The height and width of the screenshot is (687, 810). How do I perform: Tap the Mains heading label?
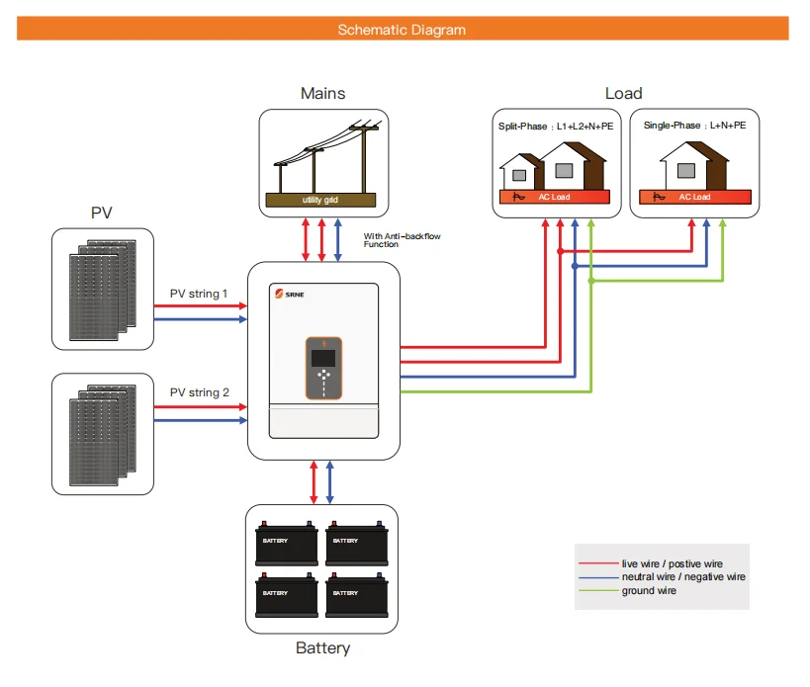coord(322,94)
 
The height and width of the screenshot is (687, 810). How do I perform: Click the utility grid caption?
coord(320,201)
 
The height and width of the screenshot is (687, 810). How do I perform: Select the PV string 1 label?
coord(199,294)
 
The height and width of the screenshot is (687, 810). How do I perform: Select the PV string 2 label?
coord(199,393)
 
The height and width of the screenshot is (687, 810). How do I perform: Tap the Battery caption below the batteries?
coord(322,649)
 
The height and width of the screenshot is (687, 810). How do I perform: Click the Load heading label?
coord(623,94)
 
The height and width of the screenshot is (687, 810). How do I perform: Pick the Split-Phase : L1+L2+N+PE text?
coord(554,127)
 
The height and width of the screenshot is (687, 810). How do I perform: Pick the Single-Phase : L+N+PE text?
coord(694,127)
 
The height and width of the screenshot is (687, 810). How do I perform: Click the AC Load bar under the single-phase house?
coord(694,197)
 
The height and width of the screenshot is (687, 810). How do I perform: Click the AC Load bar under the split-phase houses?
coord(554,197)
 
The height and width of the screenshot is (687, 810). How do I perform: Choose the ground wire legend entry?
coord(649,591)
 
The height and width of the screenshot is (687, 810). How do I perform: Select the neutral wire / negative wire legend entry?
coord(682,576)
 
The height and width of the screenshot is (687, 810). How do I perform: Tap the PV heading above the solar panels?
coord(102,213)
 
